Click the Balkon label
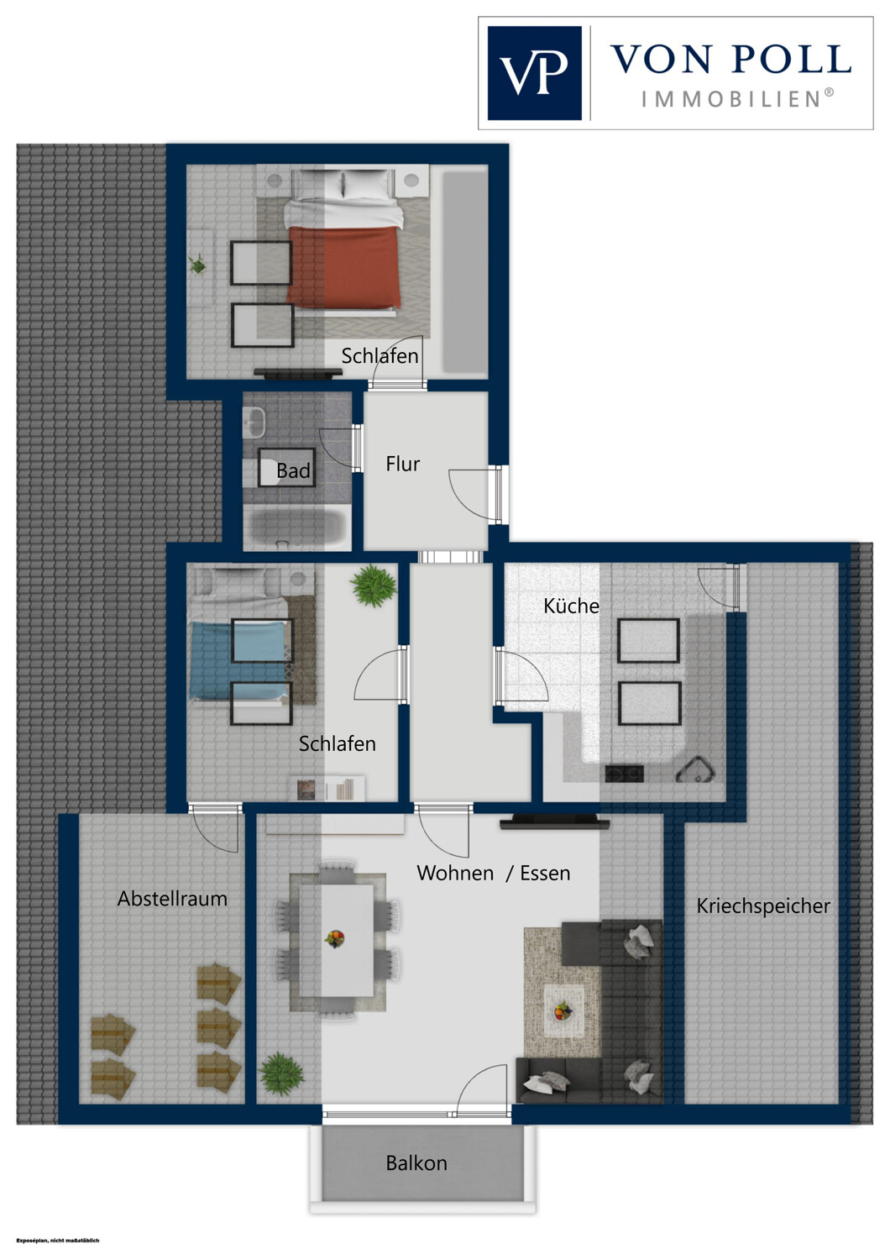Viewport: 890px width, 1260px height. click(416, 1163)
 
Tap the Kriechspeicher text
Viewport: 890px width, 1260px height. click(763, 906)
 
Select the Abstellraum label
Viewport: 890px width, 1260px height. click(172, 898)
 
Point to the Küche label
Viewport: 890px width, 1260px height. click(571, 606)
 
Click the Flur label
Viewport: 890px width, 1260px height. click(402, 464)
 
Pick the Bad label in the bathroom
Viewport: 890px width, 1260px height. click(293, 470)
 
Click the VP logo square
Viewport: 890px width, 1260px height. click(534, 73)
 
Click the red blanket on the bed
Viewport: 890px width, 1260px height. click(344, 266)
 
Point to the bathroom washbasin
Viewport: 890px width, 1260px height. click(254, 421)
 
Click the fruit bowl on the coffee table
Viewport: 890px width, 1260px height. click(562, 1011)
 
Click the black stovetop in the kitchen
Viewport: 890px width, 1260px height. click(624, 774)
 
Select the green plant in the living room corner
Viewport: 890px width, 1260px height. click(280, 1074)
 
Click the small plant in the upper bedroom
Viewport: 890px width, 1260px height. click(197, 264)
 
